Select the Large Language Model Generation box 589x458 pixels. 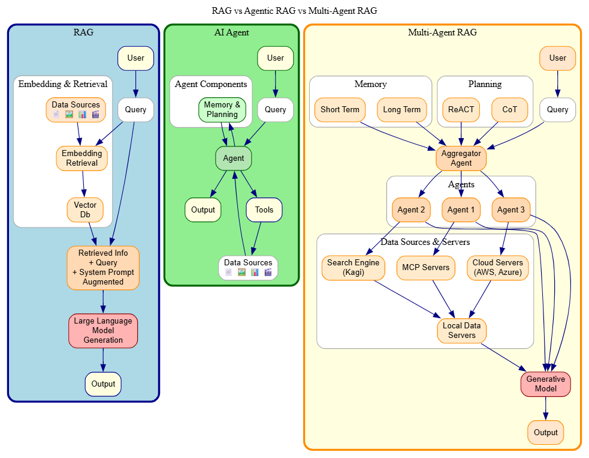pos(103,330)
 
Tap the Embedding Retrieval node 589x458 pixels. pos(81,158)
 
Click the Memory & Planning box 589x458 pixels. pos(222,110)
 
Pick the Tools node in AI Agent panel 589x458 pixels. pos(264,210)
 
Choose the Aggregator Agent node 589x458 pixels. pos(461,158)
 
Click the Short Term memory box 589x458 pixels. pos(340,110)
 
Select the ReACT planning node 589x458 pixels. pos(461,110)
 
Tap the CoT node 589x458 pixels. pos(509,110)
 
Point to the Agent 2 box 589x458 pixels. pos(411,210)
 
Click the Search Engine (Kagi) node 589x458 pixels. pos(353,268)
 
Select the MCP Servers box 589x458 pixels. pos(425,268)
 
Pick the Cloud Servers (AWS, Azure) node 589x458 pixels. pos(497,268)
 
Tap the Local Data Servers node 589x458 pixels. pos(461,330)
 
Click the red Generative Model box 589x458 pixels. pos(545,384)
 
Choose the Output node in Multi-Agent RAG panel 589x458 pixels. pos(545,432)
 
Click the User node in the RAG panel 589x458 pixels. pos(135,58)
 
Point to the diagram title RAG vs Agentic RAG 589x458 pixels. pos(294,11)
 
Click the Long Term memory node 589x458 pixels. pos(401,110)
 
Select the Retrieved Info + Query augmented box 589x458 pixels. pos(103,268)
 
